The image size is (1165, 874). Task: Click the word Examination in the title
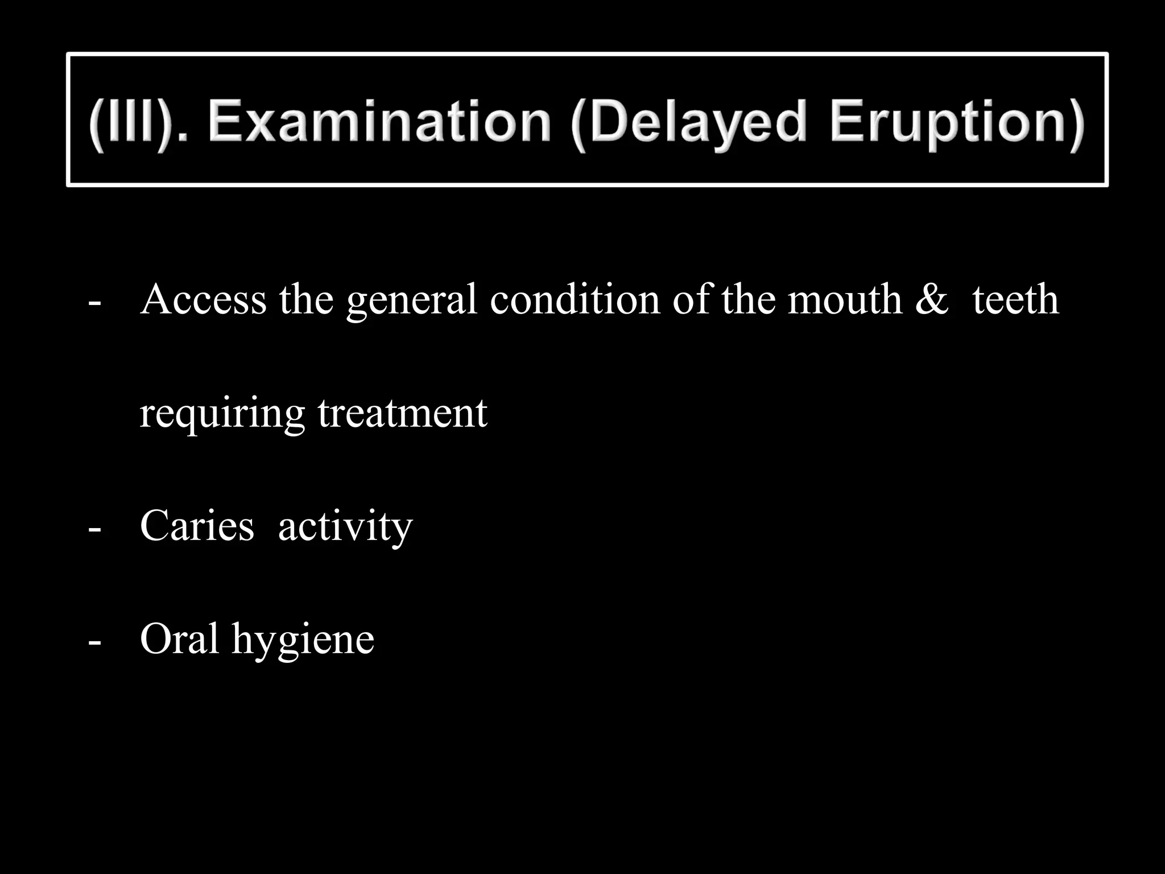pos(379,122)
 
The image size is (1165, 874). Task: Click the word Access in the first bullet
pos(203,299)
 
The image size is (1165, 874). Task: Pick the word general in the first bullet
pos(411,300)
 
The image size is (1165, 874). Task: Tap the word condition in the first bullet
pos(575,299)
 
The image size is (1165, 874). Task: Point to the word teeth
pos(1015,299)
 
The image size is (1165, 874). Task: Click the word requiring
pos(222,413)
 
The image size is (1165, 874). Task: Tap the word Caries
pos(197,526)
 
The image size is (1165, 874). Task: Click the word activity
pos(345,527)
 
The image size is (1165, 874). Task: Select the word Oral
pos(179,638)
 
